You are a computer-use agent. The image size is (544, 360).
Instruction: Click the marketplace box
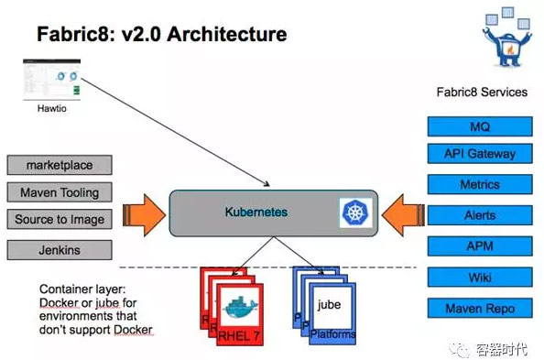[x=60, y=166]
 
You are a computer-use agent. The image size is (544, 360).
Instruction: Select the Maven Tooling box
[x=60, y=192]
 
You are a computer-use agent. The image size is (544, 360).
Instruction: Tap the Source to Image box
[x=60, y=220]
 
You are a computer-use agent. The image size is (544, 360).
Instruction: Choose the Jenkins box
[x=60, y=249]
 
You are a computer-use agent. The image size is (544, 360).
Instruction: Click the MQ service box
[x=480, y=126]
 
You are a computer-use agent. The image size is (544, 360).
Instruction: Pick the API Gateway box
[x=480, y=154]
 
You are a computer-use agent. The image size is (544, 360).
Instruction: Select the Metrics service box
[x=480, y=184]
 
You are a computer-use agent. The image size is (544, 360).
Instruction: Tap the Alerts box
[x=480, y=214]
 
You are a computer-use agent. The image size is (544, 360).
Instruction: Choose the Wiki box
[x=480, y=276]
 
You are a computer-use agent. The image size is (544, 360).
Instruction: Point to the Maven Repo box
[x=480, y=308]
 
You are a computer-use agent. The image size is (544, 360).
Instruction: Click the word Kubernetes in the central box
[x=256, y=212]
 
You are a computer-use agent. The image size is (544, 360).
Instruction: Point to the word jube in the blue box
[x=330, y=303]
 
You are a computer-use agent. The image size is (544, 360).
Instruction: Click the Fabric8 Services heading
[x=482, y=92]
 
